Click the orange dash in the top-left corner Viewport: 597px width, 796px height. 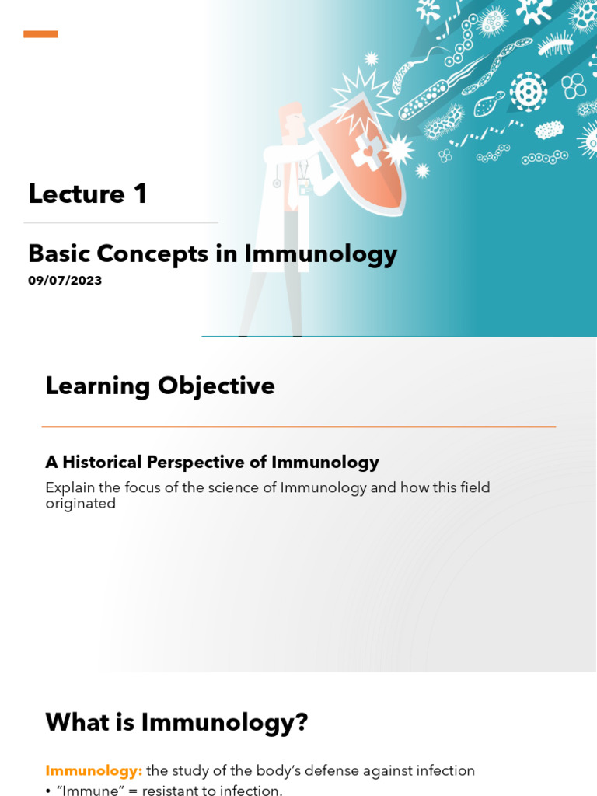pyautogui.click(x=40, y=34)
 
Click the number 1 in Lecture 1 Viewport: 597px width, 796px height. pyautogui.click(x=141, y=194)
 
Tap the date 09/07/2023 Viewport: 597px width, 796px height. pyautogui.click(x=65, y=281)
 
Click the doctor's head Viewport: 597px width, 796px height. pyautogui.click(x=291, y=121)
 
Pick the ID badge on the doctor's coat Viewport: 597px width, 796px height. pyautogui.click(x=305, y=187)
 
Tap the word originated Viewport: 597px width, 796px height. pyautogui.click(x=80, y=504)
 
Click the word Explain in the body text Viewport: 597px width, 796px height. pyautogui.click(x=70, y=487)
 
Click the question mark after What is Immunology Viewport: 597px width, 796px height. pyautogui.click(x=301, y=723)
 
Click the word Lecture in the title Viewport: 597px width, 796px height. pyautogui.click(x=76, y=194)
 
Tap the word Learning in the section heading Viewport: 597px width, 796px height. pyautogui.click(x=97, y=386)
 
